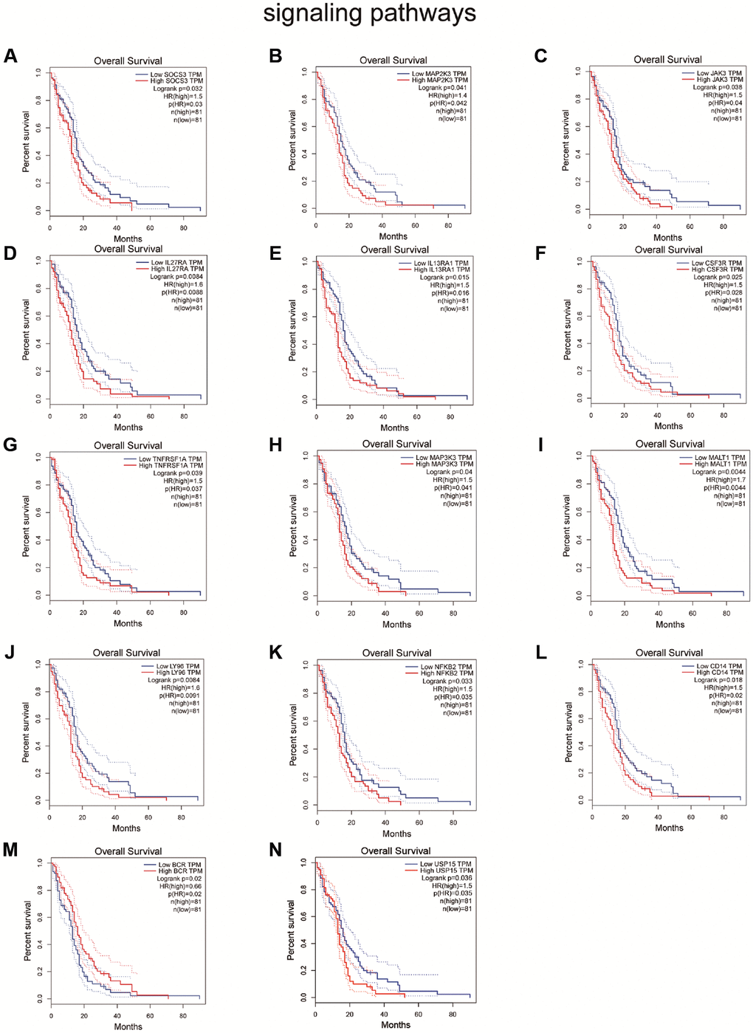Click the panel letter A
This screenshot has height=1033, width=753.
point(10,56)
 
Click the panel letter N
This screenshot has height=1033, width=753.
point(275,850)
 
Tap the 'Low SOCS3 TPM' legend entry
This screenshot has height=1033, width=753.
point(176,75)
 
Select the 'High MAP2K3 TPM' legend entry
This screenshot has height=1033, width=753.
point(439,80)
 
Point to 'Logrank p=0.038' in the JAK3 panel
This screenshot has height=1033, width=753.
point(717,87)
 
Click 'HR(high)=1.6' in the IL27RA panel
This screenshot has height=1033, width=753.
point(183,284)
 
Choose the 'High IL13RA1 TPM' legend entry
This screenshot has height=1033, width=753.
point(441,270)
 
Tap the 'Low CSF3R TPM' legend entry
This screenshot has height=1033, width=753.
point(716,263)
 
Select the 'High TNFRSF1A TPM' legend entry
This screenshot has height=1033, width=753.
point(171,465)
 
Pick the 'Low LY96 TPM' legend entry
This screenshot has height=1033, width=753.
point(177,666)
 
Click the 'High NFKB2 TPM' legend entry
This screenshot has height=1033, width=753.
point(447,673)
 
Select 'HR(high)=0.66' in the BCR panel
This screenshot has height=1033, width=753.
point(180,886)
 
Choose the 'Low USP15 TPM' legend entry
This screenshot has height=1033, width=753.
point(445,864)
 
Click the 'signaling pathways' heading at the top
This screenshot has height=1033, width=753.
point(369,13)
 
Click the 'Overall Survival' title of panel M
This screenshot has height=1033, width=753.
point(128,851)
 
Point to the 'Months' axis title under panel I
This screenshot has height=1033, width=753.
point(670,625)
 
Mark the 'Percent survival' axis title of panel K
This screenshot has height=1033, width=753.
point(293,734)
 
